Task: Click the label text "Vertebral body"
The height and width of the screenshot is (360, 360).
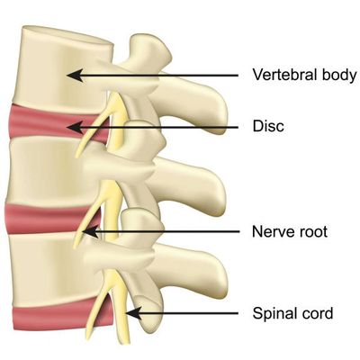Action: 304,75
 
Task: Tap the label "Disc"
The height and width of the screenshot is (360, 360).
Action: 268,126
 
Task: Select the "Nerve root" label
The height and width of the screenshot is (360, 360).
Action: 290,231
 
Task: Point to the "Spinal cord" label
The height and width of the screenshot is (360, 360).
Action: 292,313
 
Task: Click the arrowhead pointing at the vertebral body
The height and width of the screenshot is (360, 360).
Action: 74,75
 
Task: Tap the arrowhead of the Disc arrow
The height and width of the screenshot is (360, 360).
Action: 74,127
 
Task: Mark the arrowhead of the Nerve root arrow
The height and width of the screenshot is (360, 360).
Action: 90,232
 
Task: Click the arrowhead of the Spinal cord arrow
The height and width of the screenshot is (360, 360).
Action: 133,313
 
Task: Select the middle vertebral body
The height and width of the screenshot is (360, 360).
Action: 51,171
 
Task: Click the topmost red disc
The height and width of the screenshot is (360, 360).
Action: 57,123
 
